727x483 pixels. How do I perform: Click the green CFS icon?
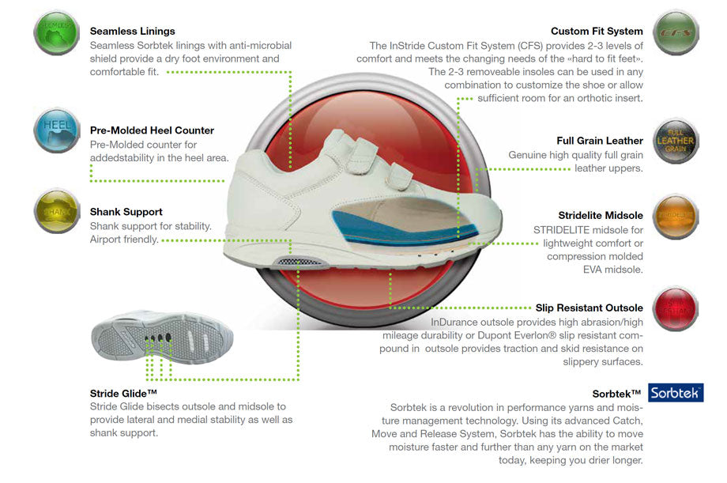pyautogui.click(x=676, y=32)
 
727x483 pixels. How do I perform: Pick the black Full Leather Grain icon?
pyautogui.click(x=676, y=140)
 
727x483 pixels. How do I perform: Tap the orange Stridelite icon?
pyautogui.click(x=676, y=216)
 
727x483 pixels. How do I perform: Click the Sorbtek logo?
pyautogui.click(x=676, y=393)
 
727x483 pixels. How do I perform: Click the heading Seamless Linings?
pyautogui.click(x=133, y=32)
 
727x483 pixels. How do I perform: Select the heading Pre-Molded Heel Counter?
pyautogui.click(x=152, y=130)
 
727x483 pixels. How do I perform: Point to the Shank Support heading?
pyautogui.click(x=126, y=212)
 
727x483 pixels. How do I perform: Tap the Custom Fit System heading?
pyautogui.click(x=597, y=32)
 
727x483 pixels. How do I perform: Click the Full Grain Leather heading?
pyautogui.click(x=600, y=141)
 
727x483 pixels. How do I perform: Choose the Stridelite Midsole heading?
pyautogui.click(x=601, y=215)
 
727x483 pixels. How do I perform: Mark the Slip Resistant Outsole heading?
pyautogui.click(x=590, y=308)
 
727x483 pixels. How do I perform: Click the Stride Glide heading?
pyautogui.click(x=123, y=392)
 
